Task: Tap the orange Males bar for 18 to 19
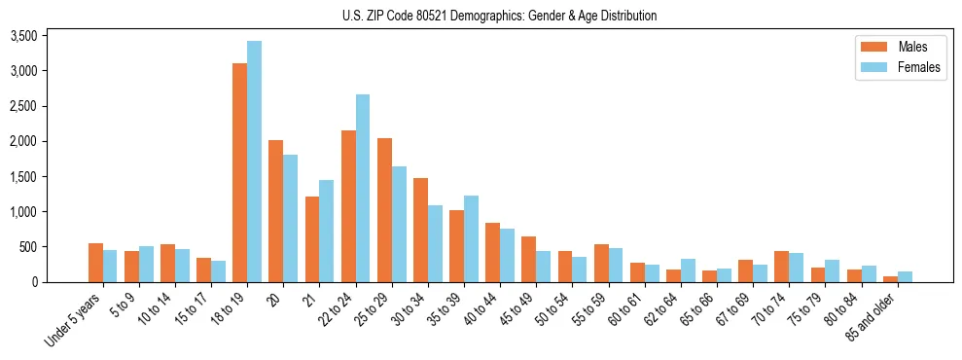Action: pos(239,173)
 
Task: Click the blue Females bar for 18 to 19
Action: pos(254,162)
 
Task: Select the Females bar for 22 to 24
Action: pos(363,189)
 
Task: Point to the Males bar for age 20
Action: pos(276,211)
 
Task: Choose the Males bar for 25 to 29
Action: pos(384,210)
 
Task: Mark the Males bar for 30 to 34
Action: pos(420,231)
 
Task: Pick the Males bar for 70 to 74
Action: pos(782,267)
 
